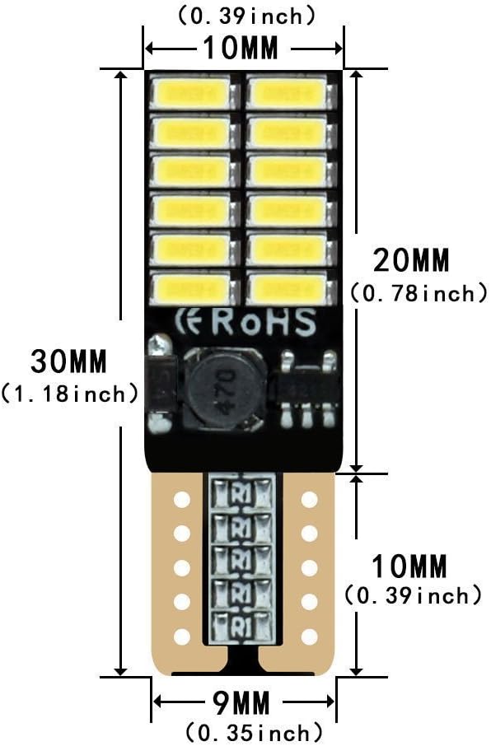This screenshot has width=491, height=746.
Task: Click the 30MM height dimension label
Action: click(x=69, y=361)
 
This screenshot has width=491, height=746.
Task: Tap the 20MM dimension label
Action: click(x=411, y=260)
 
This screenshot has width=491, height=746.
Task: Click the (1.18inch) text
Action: click(x=69, y=394)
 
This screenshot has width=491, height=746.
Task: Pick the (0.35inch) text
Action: click(x=254, y=733)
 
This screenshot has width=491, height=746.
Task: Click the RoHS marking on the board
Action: click(x=264, y=323)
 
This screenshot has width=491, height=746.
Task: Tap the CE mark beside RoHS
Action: click(x=191, y=322)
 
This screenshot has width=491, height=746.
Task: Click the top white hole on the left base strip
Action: click(x=181, y=500)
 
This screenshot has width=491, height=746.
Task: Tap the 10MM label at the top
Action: click(x=241, y=48)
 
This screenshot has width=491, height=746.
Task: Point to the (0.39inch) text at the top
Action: click(x=246, y=16)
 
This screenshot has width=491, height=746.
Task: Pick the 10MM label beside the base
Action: click(x=409, y=566)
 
